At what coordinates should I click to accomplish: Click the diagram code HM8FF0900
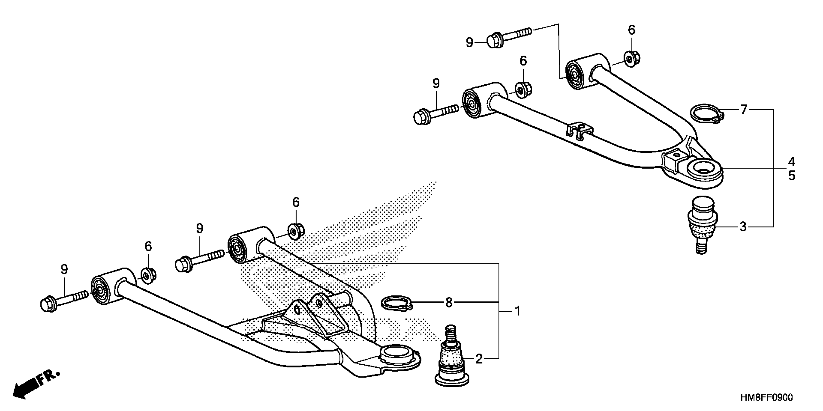(x=767, y=398)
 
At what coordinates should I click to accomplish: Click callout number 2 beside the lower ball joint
(x=479, y=359)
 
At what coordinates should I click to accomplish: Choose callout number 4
(x=791, y=162)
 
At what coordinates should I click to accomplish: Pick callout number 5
(x=791, y=176)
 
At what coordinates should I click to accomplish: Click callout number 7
(x=744, y=110)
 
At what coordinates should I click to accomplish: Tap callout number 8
(x=449, y=302)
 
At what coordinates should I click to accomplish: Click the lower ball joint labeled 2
(x=451, y=362)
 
